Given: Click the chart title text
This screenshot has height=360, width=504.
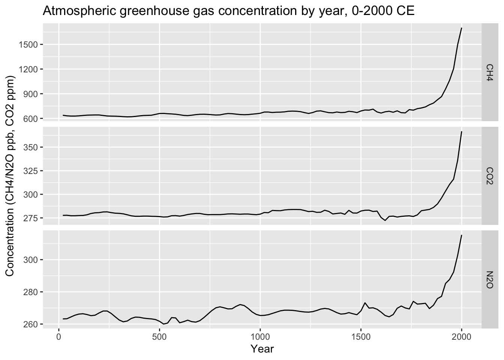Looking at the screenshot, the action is [228, 11].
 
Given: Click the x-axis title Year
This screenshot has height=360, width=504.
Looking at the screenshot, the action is [262, 349].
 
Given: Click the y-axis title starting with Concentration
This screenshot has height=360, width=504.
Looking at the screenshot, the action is [10, 176].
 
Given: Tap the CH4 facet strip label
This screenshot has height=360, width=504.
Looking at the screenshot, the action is [490, 72].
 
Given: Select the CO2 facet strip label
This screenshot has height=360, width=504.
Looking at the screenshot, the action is [490, 176].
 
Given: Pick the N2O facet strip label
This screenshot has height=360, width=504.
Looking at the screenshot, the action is [490, 280].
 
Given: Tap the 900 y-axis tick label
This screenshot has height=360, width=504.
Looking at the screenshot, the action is [31, 94].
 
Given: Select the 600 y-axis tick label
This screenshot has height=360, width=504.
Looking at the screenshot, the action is [31, 119].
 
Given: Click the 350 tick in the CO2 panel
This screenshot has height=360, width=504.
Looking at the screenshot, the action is [31, 147].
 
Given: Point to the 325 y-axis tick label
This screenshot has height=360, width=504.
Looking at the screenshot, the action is [31, 171].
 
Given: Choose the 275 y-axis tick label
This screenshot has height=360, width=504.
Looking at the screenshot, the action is [31, 218].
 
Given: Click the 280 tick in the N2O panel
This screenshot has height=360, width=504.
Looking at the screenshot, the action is [31, 292].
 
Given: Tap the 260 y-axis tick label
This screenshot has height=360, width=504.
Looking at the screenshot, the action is [31, 324].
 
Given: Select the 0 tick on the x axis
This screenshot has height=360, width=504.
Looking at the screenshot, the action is [59, 337].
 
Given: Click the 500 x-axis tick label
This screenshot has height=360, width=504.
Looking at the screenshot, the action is [159, 337].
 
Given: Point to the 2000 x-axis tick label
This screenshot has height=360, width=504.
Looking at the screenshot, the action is [462, 337].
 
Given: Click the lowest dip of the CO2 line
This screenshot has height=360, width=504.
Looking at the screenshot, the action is [385, 220].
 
